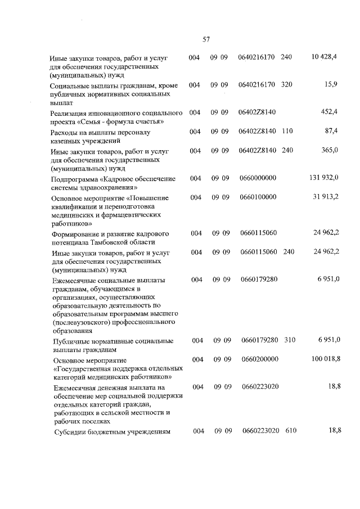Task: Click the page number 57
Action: (206, 39)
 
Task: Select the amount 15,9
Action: (331, 85)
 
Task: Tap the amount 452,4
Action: (329, 112)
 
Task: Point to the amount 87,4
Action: (331, 131)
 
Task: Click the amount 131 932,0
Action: (324, 178)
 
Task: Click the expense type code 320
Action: (286, 85)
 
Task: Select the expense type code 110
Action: (286, 132)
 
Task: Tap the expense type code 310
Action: (290, 340)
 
